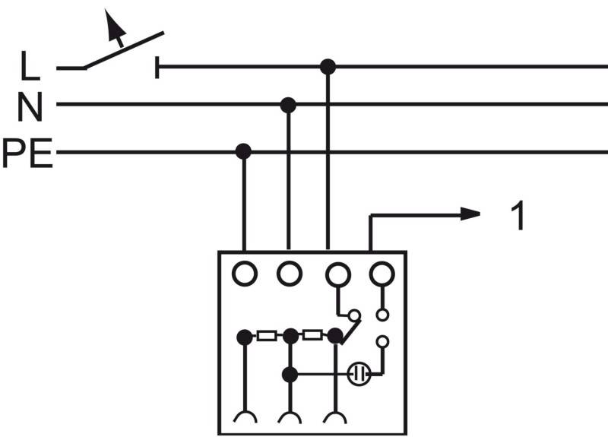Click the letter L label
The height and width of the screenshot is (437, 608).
tap(30, 67)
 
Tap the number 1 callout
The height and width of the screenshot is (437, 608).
tap(518, 217)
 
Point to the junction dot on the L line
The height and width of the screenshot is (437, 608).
tap(328, 67)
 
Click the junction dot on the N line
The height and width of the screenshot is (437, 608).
tap(288, 105)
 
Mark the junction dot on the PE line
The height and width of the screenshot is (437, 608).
tap(243, 151)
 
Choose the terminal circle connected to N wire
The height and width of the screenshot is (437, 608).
tap(289, 273)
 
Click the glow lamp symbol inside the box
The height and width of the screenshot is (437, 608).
tap(359, 374)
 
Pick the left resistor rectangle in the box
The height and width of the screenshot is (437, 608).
tap(267, 335)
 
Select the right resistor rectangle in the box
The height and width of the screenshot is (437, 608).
tap(312, 335)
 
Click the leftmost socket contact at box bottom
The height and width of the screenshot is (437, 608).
tap(244, 416)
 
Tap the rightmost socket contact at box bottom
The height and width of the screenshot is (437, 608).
tap(334, 416)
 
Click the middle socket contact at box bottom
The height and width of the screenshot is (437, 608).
tap(289, 416)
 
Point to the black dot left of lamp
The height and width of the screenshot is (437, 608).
tap(290, 374)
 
